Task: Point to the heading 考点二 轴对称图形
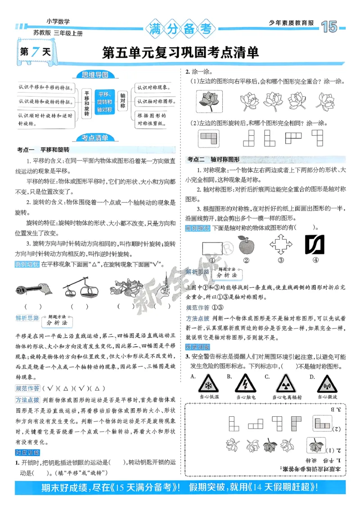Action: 214,160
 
